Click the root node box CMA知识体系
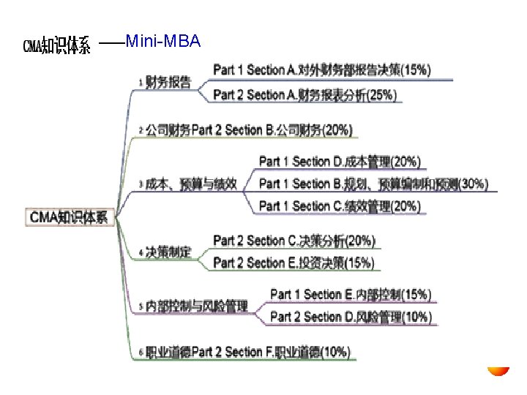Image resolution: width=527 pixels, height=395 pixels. coord(69,217)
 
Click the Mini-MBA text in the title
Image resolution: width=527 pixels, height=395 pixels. coord(162,42)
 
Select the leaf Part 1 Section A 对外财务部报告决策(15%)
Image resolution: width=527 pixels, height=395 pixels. coord(322,70)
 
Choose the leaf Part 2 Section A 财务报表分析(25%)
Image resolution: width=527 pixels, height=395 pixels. coord(304,94)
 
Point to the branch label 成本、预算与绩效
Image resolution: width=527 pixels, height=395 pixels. coord(191,184)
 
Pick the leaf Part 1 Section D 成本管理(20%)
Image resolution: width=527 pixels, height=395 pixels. coord(340,161)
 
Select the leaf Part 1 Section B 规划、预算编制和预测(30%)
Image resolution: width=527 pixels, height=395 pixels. coord(373,184)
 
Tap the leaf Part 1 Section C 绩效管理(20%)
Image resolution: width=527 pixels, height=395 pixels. coord(340,206)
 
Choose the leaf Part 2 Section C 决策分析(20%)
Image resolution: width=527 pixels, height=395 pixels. coord(294,240)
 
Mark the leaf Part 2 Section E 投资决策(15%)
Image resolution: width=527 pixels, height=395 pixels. coord(294,263)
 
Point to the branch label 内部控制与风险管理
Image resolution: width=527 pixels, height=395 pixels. coord(196,306)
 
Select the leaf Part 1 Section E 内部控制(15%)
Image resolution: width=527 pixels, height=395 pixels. coord(351,294)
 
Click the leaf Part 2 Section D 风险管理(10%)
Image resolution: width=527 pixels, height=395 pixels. coord(351,317)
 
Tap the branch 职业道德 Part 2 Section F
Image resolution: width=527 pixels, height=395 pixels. coord(247,352)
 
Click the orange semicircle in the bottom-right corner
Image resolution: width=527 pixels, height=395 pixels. coord(499,371)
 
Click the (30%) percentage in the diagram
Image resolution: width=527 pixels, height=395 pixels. coord(472,184)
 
